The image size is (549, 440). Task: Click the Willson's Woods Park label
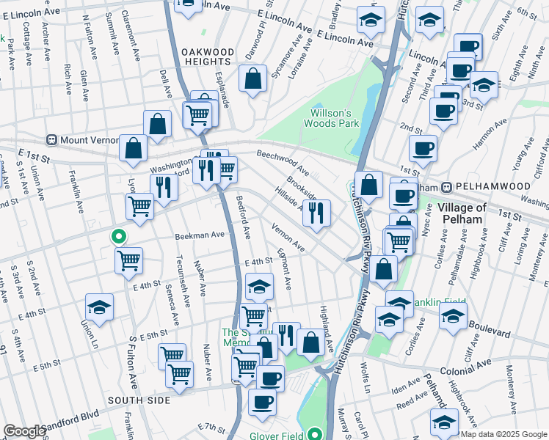click(332, 119)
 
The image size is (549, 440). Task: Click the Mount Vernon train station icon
click(52, 139)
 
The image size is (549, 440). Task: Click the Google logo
click(24, 431)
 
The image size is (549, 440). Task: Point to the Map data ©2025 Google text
click(503, 434)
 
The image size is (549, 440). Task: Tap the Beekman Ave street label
click(198, 235)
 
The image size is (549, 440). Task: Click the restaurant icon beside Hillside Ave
click(316, 213)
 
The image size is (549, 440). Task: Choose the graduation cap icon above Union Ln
click(100, 307)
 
